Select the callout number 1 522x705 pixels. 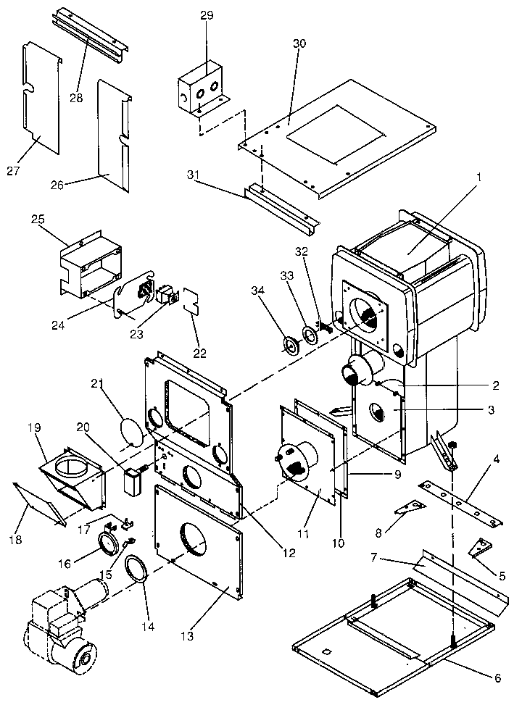[x=478, y=176]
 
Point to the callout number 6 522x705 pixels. [x=497, y=678]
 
